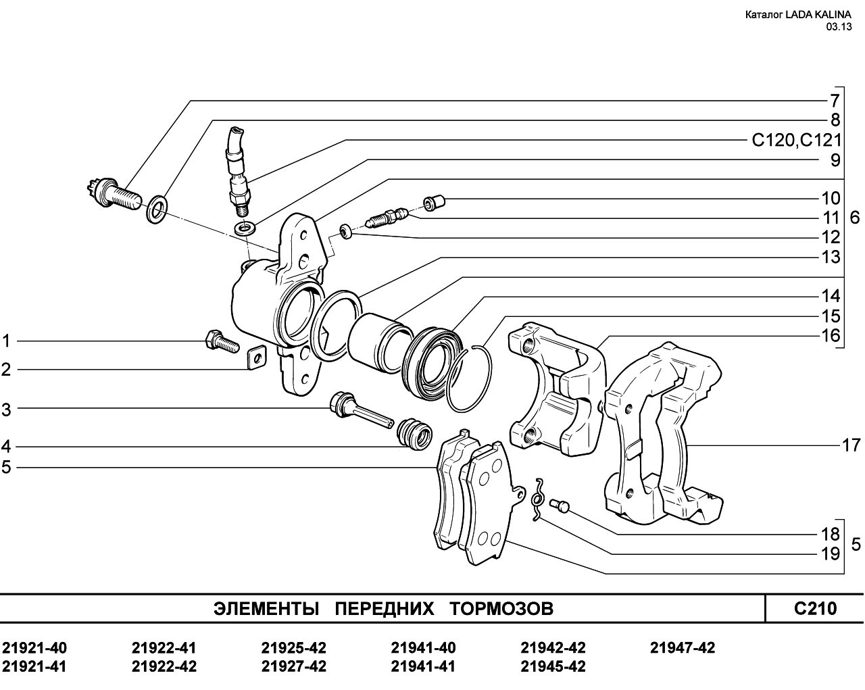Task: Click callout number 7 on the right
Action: pyautogui.click(x=835, y=101)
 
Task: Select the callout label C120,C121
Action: pyautogui.click(x=797, y=141)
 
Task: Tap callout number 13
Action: pyautogui.click(x=831, y=257)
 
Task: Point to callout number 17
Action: pyautogui.click(x=851, y=445)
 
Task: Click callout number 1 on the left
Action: pyautogui.click(x=6, y=341)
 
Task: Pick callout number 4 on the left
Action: pyautogui.click(x=6, y=446)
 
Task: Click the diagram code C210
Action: pyautogui.click(x=815, y=608)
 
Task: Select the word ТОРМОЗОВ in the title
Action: pyautogui.click(x=501, y=609)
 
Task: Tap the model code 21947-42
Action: pyautogui.click(x=683, y=648)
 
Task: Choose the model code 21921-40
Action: pyautogui.click(x=34, y=648)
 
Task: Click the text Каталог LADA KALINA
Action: pyautogui.click(x=798, y=15)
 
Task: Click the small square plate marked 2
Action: pyautogui.click(x=256, y=357)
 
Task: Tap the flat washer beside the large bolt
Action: pyautogui.click(x=157, y=209)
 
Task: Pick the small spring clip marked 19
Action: pyautogui.click(x=537, y=500)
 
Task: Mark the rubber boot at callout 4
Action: pyautogui.click(x=414, y=435)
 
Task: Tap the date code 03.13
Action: pyautogui.click(x=839, y=27)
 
